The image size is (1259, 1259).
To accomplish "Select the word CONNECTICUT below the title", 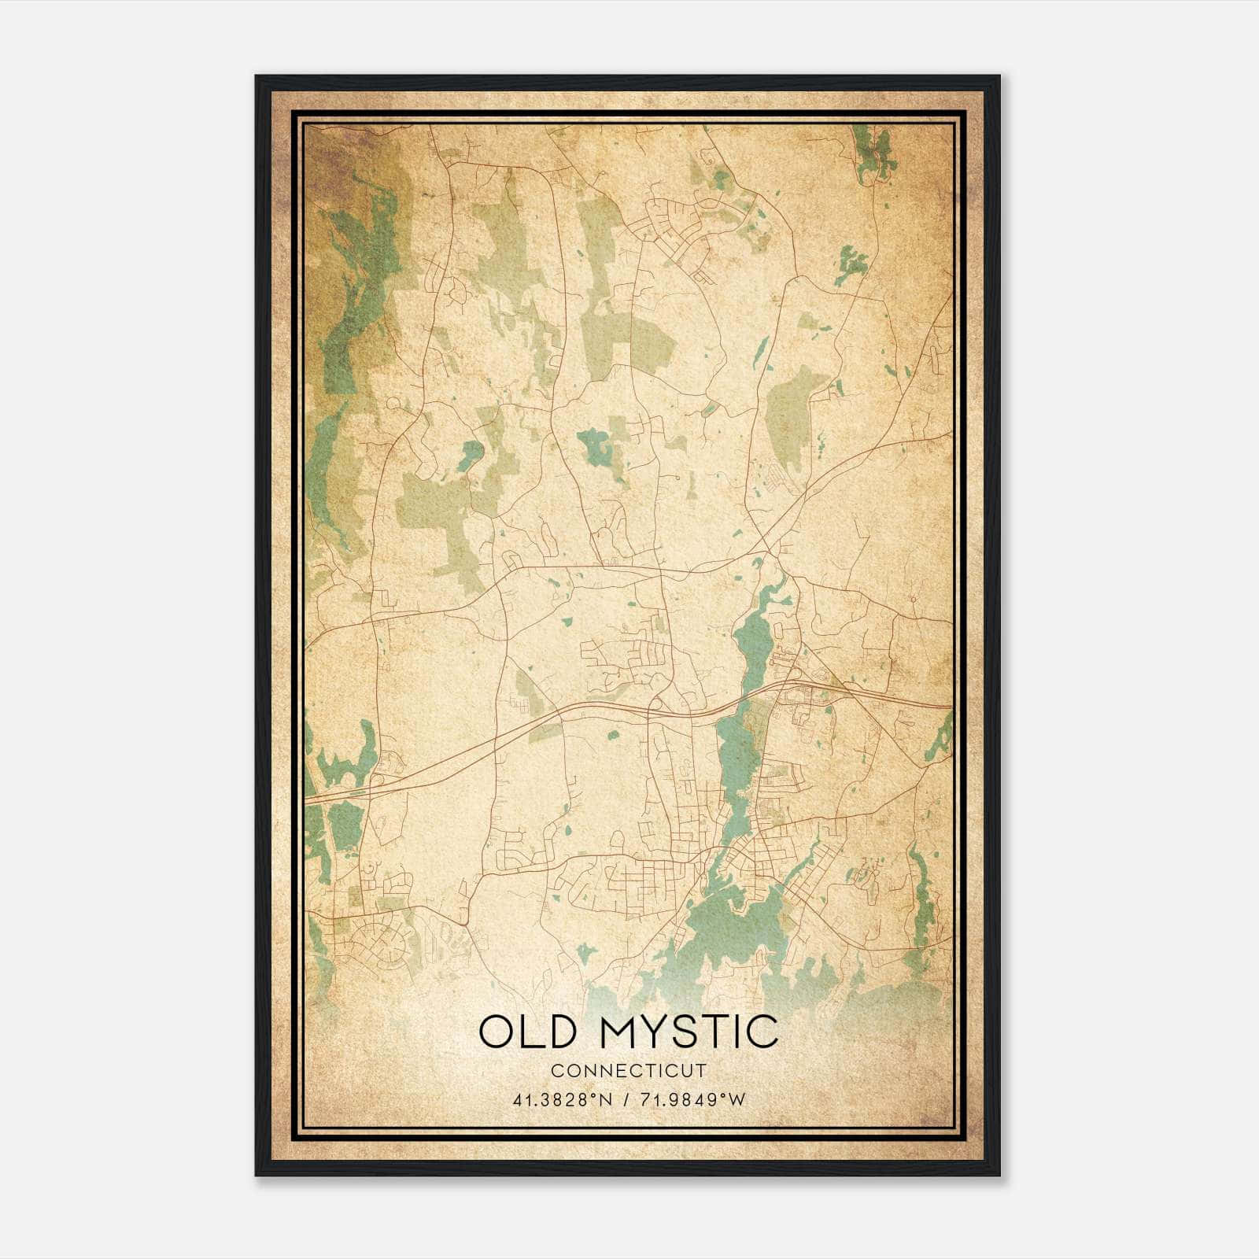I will (x=629, y=1070).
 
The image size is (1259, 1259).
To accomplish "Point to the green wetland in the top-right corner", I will (x=873, y=153).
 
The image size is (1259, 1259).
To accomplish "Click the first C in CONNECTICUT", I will (x=556, y=1070).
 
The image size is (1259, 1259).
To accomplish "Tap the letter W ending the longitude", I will (x=737, y=1100).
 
